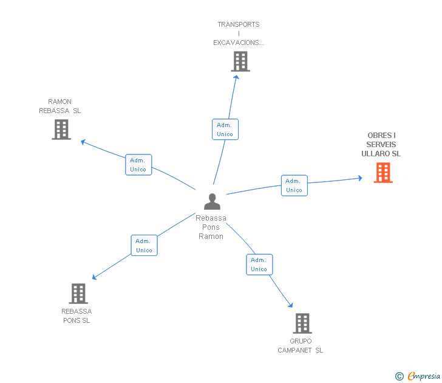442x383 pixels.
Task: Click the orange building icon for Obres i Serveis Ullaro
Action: [383, 173]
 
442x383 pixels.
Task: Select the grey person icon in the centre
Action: [212, 201]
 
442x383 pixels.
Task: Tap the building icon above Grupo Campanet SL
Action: [302, 323]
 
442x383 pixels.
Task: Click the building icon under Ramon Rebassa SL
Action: [61, 129]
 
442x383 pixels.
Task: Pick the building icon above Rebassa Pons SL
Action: [78, 294]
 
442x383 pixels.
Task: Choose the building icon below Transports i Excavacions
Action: [240, 61]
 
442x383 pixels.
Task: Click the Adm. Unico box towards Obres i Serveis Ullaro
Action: [294, 185]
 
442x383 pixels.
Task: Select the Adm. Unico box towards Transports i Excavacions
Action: [225, 129]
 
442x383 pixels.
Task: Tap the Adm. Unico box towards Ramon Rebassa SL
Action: [138, 165]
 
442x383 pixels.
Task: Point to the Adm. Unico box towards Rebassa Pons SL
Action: [144, 246]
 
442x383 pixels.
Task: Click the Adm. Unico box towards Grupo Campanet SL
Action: [259, 264]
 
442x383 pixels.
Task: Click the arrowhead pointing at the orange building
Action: [360, 178]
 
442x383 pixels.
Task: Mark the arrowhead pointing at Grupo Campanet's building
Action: [291, 305]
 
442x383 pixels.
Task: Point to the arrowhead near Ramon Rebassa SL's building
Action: [83, 142]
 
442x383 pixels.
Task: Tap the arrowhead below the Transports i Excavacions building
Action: [236, 77]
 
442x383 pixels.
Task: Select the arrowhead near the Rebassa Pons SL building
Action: [95, 277]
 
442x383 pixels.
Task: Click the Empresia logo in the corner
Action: [417, 376]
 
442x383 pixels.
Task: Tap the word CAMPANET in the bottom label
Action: [294, 350]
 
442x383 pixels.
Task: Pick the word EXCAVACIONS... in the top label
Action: [239, 43]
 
